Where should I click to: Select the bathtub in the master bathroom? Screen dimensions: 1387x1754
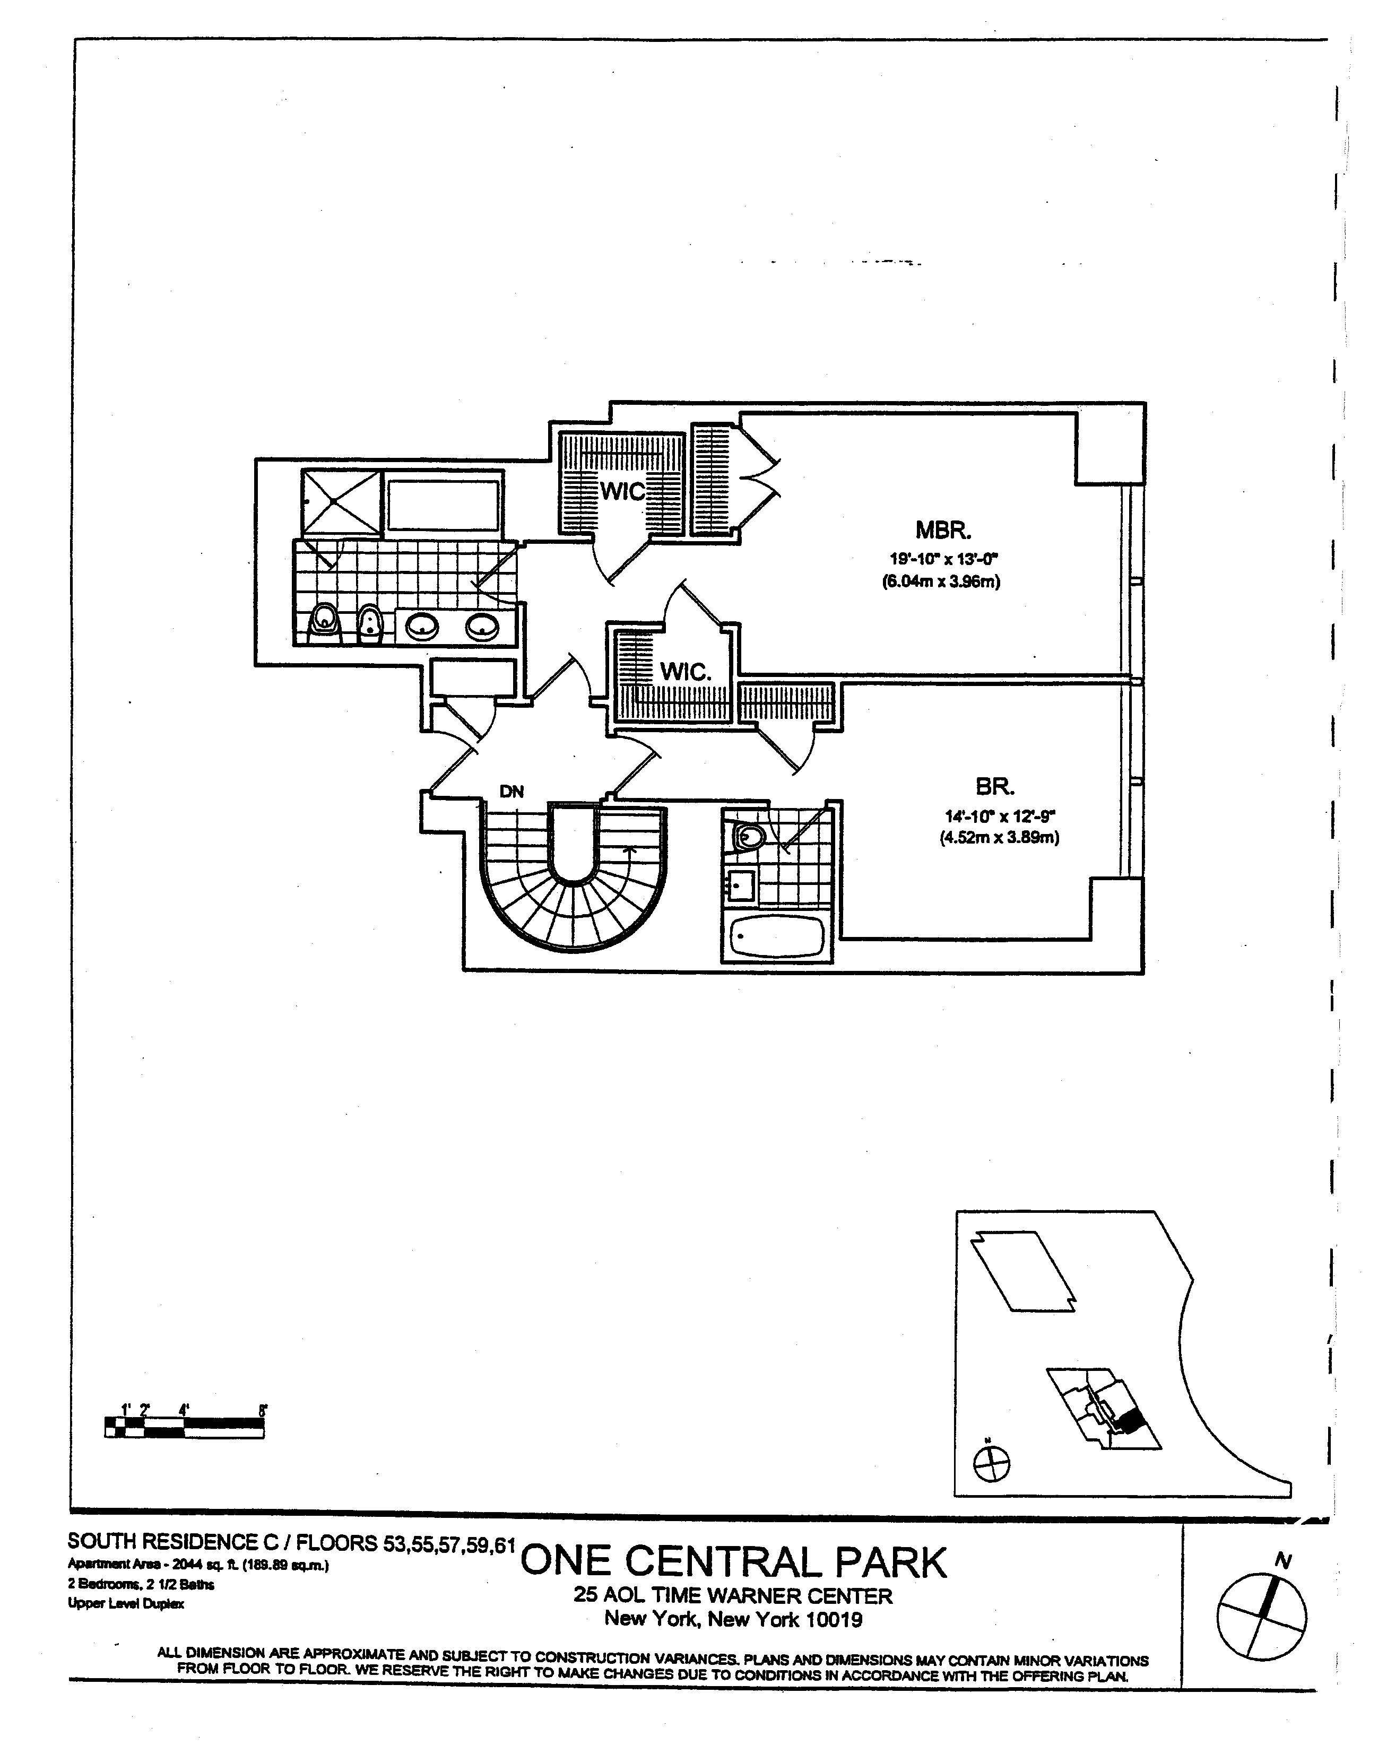(444, 507)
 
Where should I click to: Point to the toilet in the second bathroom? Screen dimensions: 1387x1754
(747, 836)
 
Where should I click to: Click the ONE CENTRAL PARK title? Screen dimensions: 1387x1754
(733, 1561)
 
